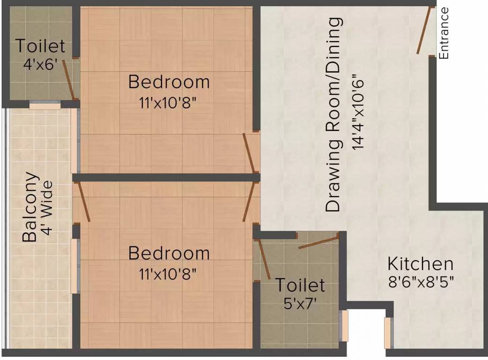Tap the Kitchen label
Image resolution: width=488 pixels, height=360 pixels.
[x=420, y=264]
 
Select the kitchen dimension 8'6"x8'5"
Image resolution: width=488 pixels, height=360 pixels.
[x=420, y=282]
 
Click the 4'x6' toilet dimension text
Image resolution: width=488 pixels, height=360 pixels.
[x=40, y=64]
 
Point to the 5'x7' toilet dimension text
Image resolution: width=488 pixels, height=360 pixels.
[x=300, y=302]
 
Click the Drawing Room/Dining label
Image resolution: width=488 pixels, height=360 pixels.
[x=334, y=115]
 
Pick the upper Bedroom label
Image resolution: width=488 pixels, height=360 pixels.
[x=169, y=82]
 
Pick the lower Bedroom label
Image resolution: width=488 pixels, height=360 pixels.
[x=169, y=254]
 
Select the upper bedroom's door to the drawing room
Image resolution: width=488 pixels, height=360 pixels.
[x=249, y=153]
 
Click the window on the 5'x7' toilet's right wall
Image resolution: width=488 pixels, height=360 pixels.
[x=345, y=325]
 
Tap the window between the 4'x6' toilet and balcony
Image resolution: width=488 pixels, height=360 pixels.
[x=45, y=106]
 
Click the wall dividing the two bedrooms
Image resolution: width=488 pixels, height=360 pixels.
[x=166, y=177]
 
